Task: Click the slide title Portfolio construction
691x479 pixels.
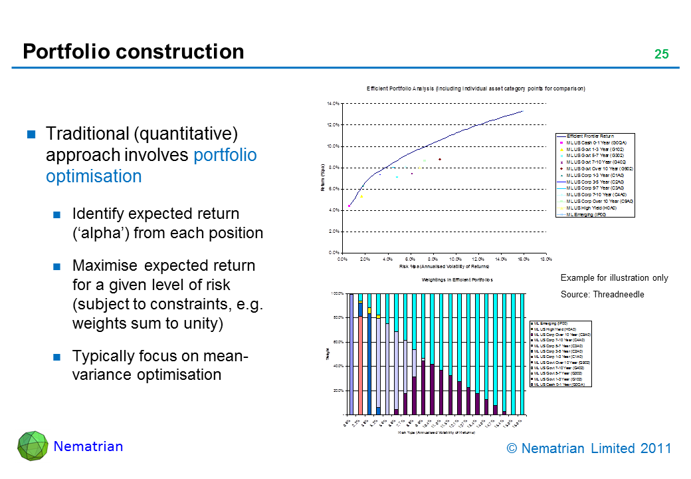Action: click(x=133, y=52)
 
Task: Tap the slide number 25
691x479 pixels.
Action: click(x=661, y=55)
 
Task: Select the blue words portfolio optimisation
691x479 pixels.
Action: click(x=151, y=166)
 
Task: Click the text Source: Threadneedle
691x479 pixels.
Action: click(x=603, y=294)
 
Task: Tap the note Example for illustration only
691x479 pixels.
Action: click(x=614, y=278)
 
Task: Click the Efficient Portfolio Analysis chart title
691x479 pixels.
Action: click(x=476, y=88)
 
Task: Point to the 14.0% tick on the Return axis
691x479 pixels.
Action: click(x=333, y=104)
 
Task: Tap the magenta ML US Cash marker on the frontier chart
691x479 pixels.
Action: click(x=349, y=206)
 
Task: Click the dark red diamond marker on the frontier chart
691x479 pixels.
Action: click(x=440, y=159)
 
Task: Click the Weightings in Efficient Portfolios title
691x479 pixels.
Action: click(x=456, y=280)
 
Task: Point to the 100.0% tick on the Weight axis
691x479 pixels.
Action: click(x=338, y=293)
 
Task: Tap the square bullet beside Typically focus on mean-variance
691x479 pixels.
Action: click(x=57, y=356)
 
